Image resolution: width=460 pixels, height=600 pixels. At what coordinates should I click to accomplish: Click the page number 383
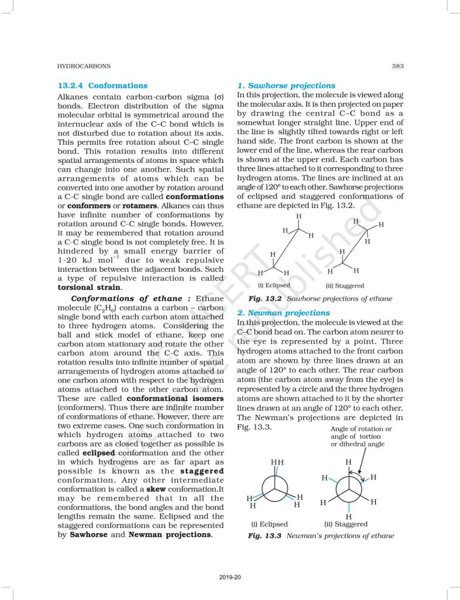[x=397, y=66]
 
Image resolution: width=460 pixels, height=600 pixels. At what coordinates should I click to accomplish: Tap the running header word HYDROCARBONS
[x=83, y=66]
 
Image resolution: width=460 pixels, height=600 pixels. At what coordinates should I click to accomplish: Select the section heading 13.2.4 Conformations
[x=102, y=86]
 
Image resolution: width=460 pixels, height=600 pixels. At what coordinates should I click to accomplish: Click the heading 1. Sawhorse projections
[x=286, y=86]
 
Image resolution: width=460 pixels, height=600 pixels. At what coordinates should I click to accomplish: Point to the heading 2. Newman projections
[x=283, y=313]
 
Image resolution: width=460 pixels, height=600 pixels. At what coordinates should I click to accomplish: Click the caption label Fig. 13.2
[x=263, y=299]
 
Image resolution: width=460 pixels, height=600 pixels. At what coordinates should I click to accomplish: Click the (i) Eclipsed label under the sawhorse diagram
[x=274, y=285]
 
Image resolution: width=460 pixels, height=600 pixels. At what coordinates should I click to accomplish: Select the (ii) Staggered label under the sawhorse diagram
[x=345, y=286]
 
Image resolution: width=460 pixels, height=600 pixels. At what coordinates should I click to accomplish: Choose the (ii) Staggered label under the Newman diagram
[x=345, y=524]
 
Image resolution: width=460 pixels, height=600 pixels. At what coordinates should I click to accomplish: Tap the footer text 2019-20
[x=231, y=578]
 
